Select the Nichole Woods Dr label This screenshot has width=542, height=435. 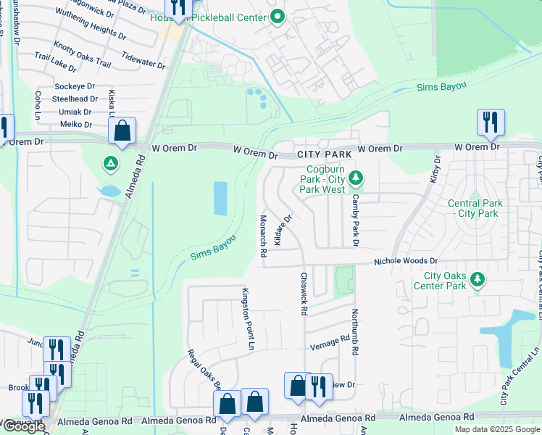(x=406, y=261)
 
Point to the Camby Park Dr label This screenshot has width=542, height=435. (x=356, y=220)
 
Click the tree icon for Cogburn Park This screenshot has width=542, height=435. (x=355, y=176)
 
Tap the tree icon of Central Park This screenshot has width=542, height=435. (x=475, y=204)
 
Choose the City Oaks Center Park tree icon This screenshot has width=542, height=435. (x=477, y=279)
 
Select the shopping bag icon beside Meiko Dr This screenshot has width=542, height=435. (x=122, y=131)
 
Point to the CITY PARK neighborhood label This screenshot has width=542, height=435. (x=325, y=154)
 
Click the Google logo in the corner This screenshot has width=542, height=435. (x=23, y=426)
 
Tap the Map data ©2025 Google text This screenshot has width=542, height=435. (x=497, y=429)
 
